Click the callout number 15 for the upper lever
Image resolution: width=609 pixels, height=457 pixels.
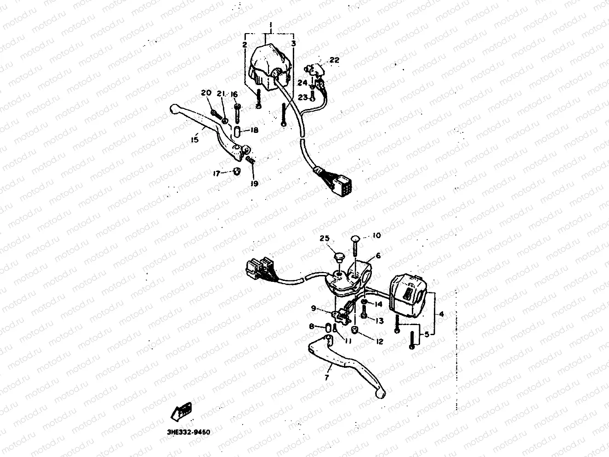(x=195, y=139)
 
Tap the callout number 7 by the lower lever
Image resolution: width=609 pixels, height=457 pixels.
(x=327, y=378)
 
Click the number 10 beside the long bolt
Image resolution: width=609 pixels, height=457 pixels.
(x=376, y=236)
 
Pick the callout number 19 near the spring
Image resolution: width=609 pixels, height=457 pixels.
(x=254, y=183)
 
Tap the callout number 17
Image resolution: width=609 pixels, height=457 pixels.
(x=216, y=173)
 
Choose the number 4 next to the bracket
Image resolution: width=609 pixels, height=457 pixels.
(x=441, y=314)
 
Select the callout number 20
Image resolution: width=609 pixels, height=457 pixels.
(x=206, y=93)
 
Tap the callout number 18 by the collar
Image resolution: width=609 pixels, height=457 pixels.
(x=254, y=131)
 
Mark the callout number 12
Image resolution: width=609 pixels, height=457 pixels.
(x=380, y=342)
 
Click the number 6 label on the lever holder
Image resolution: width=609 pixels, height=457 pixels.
(x=378, y=256)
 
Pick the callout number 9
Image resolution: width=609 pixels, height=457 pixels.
(x=313, y=308)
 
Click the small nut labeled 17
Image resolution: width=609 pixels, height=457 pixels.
(x=236, y=171)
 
